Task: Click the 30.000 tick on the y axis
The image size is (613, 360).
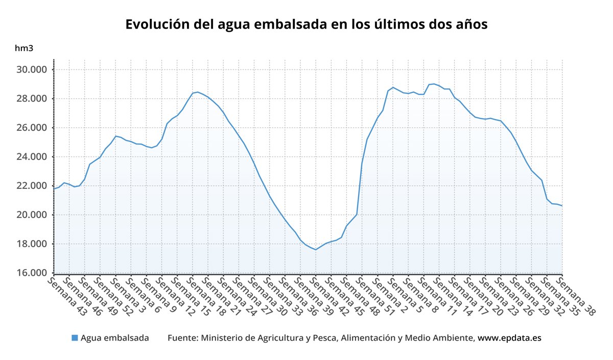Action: click(33, 69)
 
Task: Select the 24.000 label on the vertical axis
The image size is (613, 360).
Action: click(33, 157)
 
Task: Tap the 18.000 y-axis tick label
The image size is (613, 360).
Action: click(33, 244)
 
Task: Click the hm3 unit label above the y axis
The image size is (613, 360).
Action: click(24, 49)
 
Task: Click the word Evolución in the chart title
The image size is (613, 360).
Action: click(156, 25)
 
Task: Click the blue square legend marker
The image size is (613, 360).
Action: click(75, 338)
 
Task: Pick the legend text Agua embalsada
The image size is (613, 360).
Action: click(115, 338)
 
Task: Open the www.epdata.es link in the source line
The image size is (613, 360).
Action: click(509, 338)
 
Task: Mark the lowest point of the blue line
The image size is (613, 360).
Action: click(316, 250)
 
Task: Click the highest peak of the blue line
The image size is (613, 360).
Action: click(434, 84)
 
